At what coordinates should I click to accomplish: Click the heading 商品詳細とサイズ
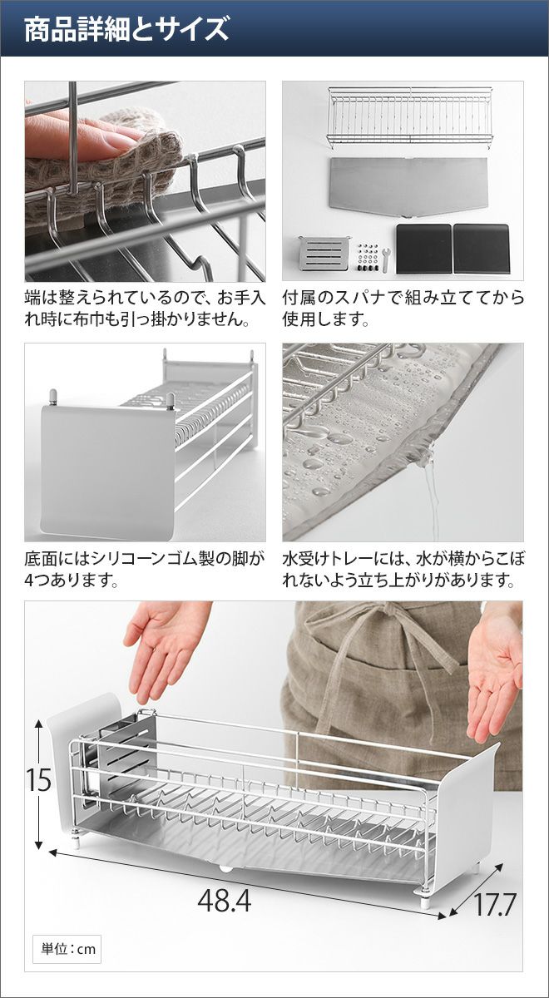point(126,29)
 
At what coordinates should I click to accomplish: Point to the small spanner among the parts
point(386,259)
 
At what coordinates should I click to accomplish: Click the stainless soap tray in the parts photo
point(323,253)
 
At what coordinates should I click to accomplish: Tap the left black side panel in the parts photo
point(423,249)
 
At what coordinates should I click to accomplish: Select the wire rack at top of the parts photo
point(409,116)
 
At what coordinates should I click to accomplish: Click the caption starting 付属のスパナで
point(403,308)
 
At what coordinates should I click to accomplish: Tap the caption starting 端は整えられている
point(145,308)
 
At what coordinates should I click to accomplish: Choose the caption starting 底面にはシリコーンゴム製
point(144,569)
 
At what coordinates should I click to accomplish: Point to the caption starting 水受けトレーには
point(403,569)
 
